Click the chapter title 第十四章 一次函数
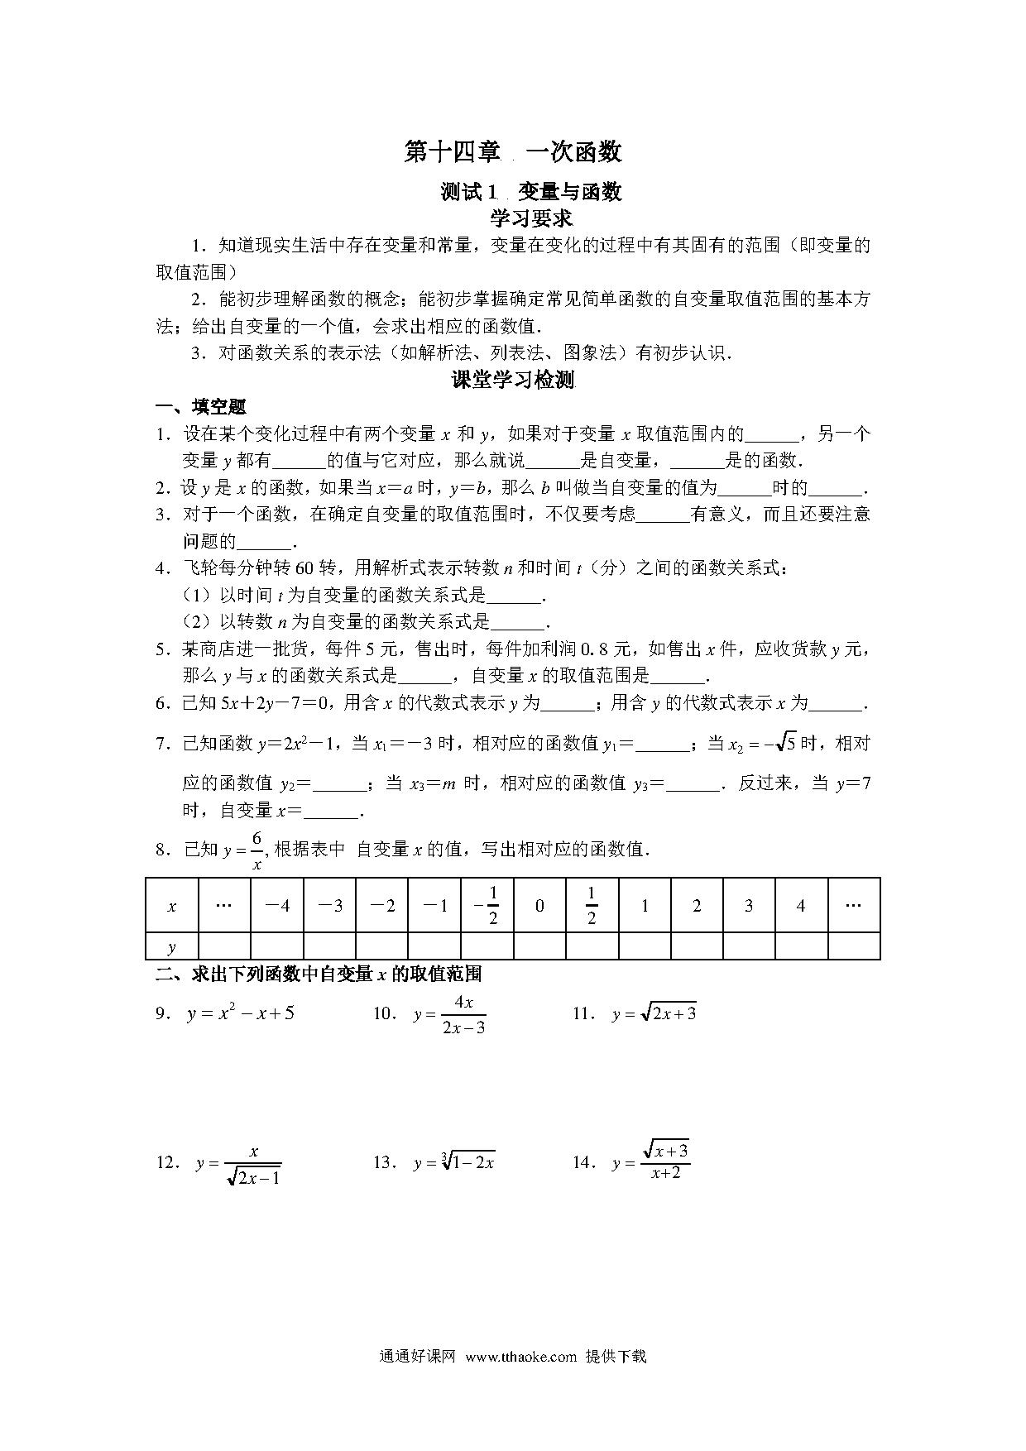click(x=512, y=152)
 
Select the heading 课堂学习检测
click(x=513, y=380)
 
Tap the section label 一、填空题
click(x=201, y=406)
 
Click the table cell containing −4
click(x=276, y=906)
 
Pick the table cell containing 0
click(x=539, y=906)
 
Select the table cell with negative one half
click(x=487, y=905)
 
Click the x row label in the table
click(x=172, y=906)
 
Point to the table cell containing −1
click(x=434, y=906)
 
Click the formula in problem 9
click(x=241, y=1013)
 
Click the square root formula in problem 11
click(x=654, y=1013)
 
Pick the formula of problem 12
click(x=239, y=1164)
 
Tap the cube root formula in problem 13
click(x=454, y=1162)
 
